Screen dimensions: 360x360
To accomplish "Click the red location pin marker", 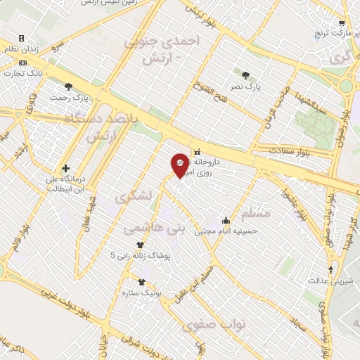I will pyautogui.click(x=180, y=165).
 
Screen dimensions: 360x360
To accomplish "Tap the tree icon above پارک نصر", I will pyautogui.click(x=245, y=75).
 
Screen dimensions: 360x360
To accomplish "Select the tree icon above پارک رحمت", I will pyautogui.click(x=68, y=86).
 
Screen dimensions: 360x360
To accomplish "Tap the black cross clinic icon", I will pyautogui.click(x=65, y=169).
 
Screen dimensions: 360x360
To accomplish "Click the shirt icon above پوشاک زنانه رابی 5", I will pyautogui.click(x=140, y=245).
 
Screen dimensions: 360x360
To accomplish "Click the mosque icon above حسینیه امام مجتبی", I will pyautogui.click(x=226, y=220).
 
